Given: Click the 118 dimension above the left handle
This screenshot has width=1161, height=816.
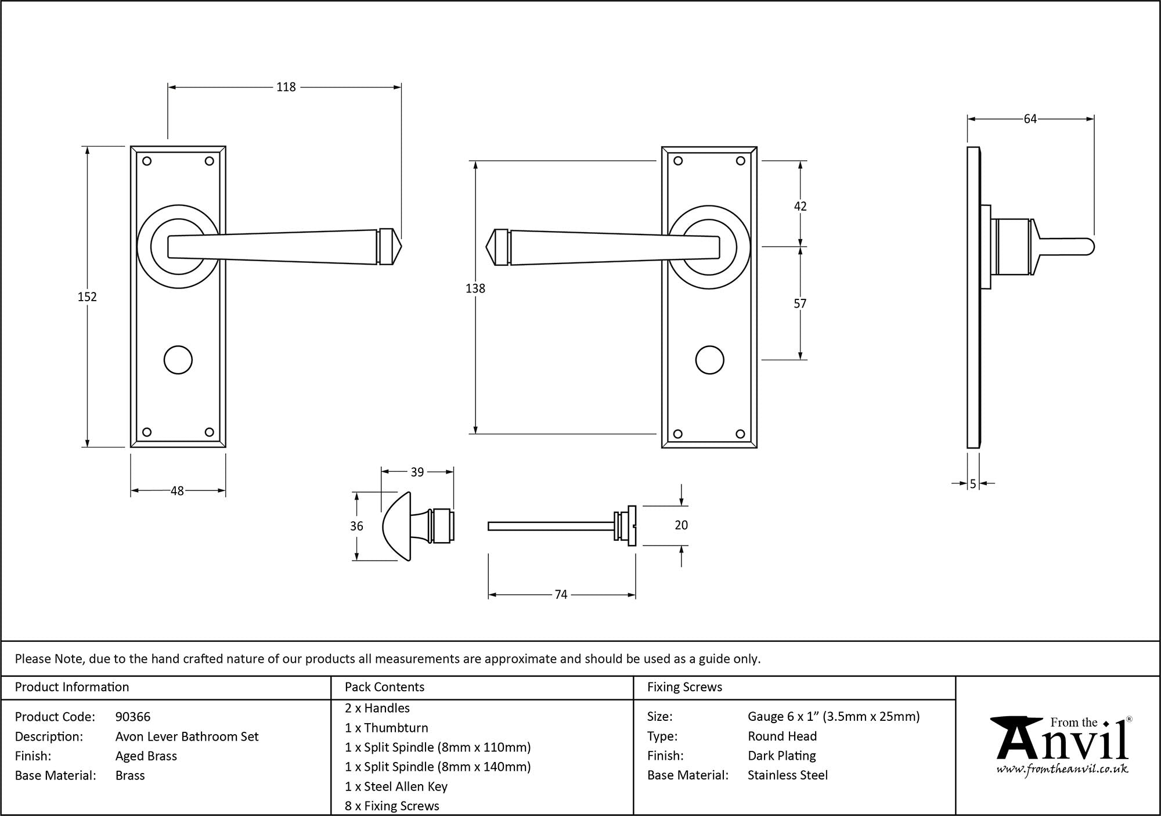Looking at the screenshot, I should pos(286,87).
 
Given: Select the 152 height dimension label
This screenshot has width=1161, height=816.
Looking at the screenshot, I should pos(87,297).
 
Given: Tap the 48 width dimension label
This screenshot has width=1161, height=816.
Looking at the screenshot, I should pos(177,491).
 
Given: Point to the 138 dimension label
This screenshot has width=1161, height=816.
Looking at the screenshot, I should pos(475,288).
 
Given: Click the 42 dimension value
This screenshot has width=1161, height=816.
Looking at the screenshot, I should pos(800,206).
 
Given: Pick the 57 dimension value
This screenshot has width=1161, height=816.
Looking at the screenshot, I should pos(800,303).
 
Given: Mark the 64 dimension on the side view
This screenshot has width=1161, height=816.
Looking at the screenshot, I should pos(1030,119).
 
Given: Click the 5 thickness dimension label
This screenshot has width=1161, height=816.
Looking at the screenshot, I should pos(973,483).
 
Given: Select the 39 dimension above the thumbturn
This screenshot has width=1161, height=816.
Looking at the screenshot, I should pos(417,472).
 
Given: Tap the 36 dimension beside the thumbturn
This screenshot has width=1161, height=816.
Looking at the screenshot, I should pos(356,526).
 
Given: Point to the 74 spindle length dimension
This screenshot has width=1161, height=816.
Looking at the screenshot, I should pos(561,594).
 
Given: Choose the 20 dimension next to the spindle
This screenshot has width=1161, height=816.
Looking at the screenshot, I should pos(681,525).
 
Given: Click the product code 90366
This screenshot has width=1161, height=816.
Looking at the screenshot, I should pos(133,717).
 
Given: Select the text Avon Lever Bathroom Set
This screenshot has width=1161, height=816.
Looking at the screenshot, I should pos(187,736).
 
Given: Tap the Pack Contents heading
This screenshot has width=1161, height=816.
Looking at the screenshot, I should pos(384,687).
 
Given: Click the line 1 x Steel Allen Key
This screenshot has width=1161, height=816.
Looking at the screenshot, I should pos(396,786).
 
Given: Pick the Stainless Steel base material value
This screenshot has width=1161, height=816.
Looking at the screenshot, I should pos(788,775).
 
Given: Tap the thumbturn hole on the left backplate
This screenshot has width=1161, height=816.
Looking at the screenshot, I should pos(178,360).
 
